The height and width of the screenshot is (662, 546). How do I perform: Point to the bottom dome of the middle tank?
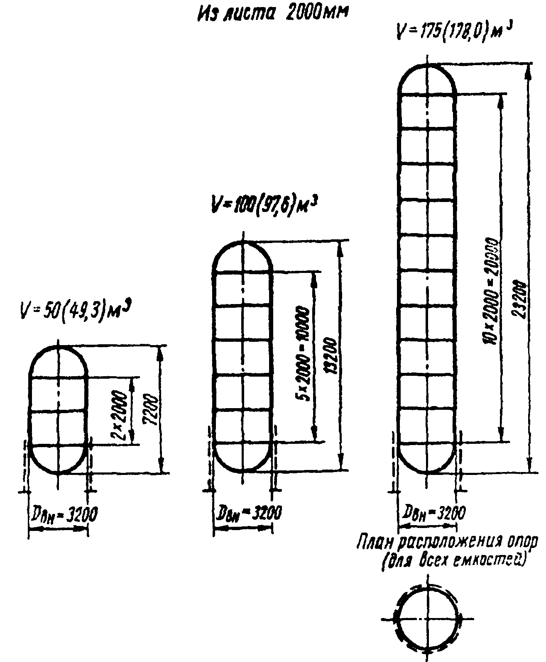click(243, 456)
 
